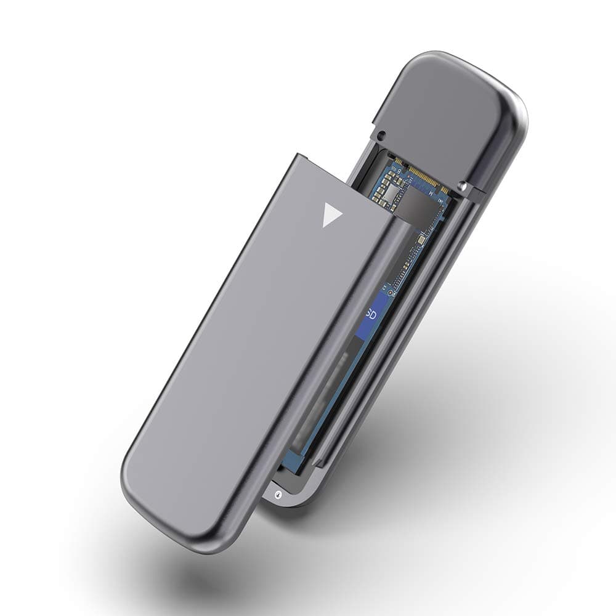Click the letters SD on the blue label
click(x=370, y=314)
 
